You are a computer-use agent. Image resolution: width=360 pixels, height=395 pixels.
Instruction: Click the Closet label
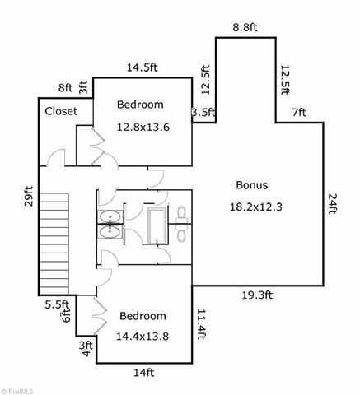(x=60, y=110)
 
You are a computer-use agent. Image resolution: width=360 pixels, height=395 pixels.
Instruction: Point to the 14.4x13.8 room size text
(x=143, y=337)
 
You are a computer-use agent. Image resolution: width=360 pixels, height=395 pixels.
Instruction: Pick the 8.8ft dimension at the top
(x=245, y=27)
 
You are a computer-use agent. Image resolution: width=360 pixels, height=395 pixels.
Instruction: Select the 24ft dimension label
(x=334, y=203)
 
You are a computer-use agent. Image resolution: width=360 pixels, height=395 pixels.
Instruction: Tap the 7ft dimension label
(x=298, y=112)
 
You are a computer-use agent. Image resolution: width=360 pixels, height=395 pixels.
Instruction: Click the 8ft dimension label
(x=65, y=86)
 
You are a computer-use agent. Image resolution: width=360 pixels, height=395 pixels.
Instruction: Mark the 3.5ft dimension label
(x=203, y=113)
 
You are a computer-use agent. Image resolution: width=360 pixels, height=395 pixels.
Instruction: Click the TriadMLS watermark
(x=18, y=388)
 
